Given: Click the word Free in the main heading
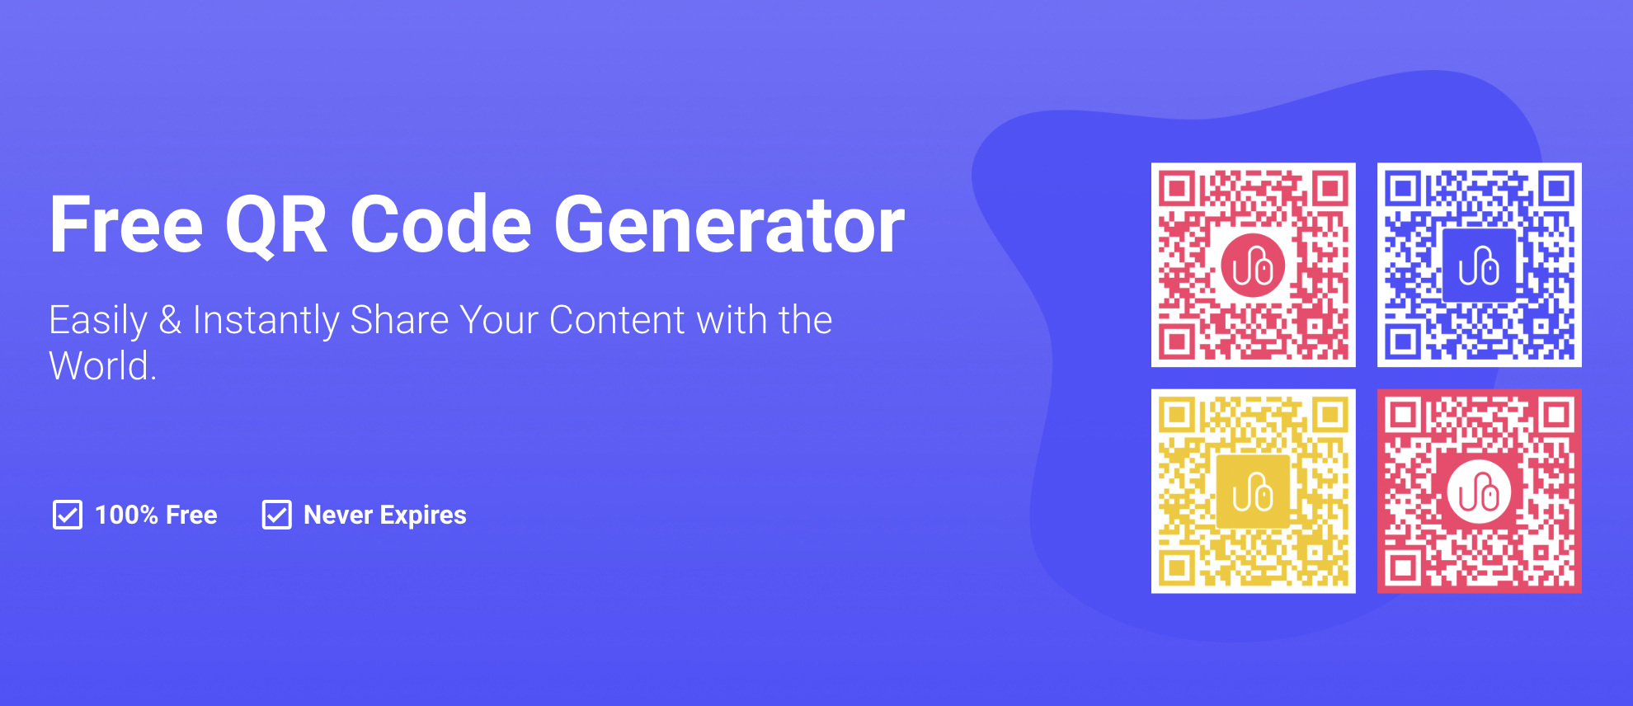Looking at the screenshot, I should click(126, 224).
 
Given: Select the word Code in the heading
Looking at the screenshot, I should click(441, 224).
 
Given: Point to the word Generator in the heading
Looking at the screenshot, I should click(729, 224).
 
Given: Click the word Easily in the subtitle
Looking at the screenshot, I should click(98, 321).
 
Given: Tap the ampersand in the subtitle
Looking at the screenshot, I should click(171, 320).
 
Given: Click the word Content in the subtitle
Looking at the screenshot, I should click(617, 320).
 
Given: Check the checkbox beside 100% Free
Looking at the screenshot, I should click(68, 515).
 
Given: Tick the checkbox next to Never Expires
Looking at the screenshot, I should click(276, 515).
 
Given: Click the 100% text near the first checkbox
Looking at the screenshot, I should click(126, 515).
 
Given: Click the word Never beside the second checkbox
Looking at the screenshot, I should click(338, 515).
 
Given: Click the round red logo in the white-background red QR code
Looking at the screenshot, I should click(1253, 266).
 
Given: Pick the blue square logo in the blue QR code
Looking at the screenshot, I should click(1479, 266).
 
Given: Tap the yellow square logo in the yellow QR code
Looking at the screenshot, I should click(1253, 492).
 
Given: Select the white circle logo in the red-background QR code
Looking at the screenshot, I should click(1479, 492).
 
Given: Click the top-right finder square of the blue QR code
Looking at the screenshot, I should click(1556, 189).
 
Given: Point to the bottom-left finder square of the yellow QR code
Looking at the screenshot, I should click(1177, 567).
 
